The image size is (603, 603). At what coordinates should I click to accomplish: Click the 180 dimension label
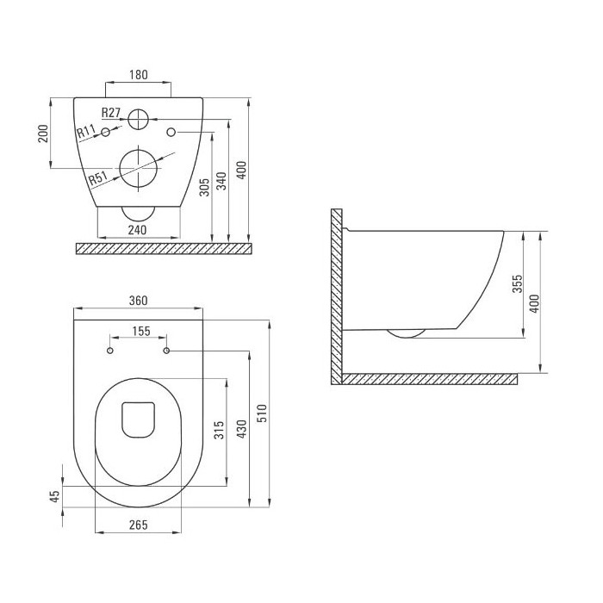pyautogui.click(x=139, y=75)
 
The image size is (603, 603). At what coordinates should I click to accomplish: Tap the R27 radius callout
pyautogui.click(x=111, y=113)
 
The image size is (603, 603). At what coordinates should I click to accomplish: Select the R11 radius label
pyautogui.click(x=86, y=131)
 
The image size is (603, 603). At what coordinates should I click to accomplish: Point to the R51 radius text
pyautogui.click(x=97, y=178)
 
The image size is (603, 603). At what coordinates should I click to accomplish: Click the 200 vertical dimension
pyautogui.click(x=43, y=134)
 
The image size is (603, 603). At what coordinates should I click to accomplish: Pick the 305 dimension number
pyautogui.click(x=205, y=187)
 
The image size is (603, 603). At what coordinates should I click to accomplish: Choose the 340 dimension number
pyautogui.click(x=221, y=181)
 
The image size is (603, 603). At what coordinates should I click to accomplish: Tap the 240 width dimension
pyautogui.click(x=137, y=230)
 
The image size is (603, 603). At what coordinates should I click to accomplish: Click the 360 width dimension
pyautogui.click(x=138, y=301)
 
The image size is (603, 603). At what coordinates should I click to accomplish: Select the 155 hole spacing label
pyautogui.click(x=141, y=331)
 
